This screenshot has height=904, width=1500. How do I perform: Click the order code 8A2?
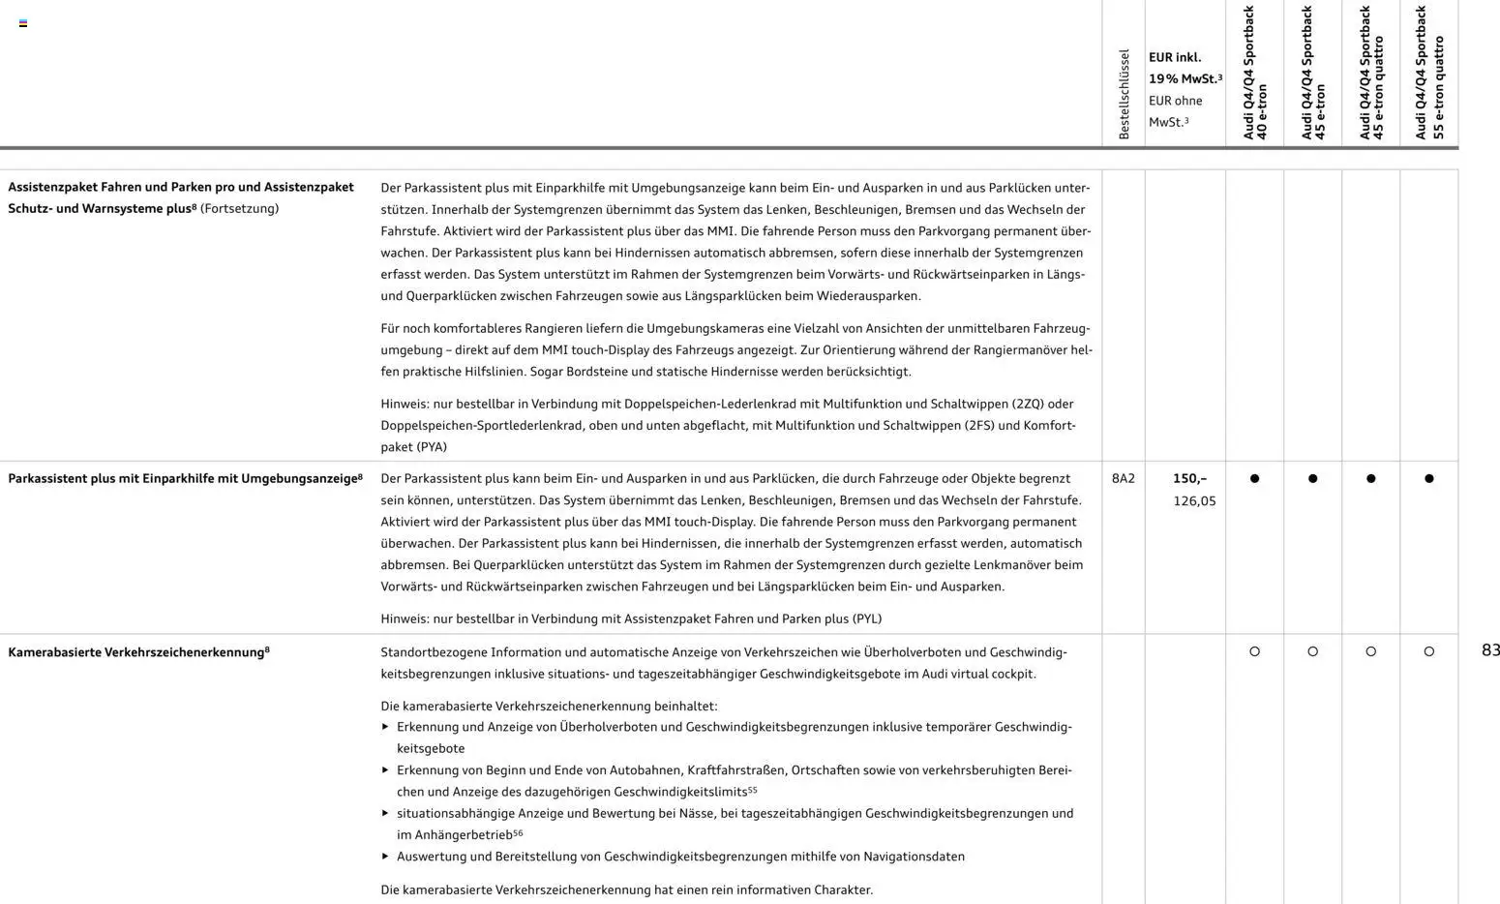click(1123, 478)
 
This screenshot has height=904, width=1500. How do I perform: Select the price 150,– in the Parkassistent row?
click(1189, 478)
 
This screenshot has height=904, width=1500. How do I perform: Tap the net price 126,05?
click(1194, 500)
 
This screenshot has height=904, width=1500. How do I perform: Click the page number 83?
click(1490, 650)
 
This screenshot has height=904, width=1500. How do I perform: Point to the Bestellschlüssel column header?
click(1124, 94)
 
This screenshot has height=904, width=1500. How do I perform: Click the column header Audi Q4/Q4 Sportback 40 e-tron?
click(1255, 74)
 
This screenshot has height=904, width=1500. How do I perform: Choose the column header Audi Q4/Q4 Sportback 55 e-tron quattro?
click(1428, 74)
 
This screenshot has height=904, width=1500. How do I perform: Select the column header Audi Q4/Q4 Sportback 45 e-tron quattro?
click(1371, 74)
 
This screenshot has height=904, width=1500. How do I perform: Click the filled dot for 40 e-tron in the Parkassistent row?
click(1255, 478)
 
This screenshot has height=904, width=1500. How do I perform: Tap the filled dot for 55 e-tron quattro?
click(1429, 478)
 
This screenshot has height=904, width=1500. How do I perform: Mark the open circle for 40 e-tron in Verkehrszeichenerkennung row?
click(1255, 651)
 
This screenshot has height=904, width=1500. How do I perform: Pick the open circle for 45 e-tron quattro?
click(1371, 651)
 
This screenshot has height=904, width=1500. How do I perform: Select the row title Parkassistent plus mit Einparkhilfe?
click(185, 478)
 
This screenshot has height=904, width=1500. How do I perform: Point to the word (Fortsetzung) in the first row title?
click(239, 208)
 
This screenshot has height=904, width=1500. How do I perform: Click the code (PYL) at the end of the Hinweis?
click(867, 618)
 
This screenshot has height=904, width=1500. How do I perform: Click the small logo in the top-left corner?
click(23, 23)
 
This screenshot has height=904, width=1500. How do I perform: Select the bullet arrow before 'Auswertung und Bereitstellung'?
click(385, 856)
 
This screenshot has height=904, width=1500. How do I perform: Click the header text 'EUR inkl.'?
click(1174, 57)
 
